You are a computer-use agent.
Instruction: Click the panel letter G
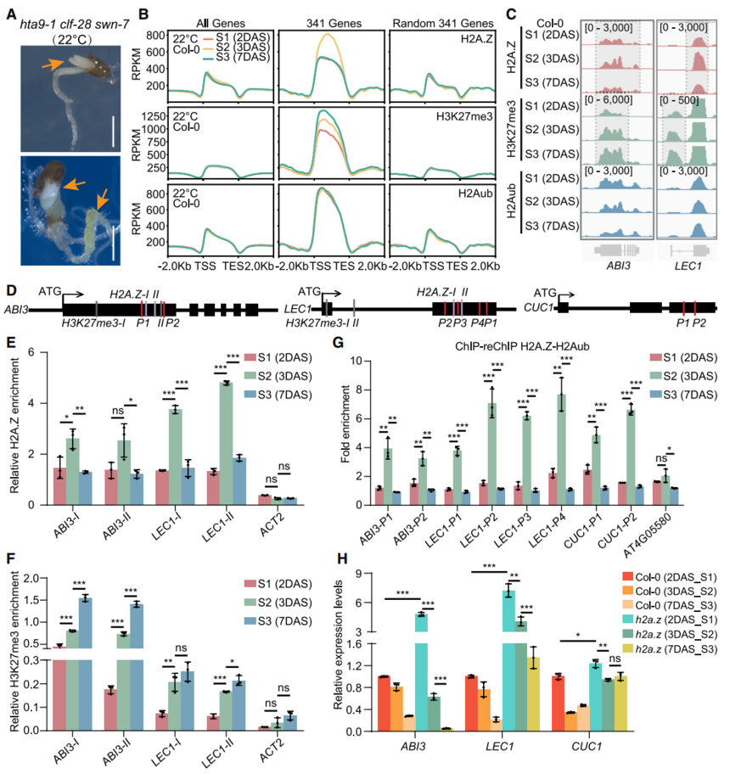tap(340, 344)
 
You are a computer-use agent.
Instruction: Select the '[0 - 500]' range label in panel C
tap(681, 101)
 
